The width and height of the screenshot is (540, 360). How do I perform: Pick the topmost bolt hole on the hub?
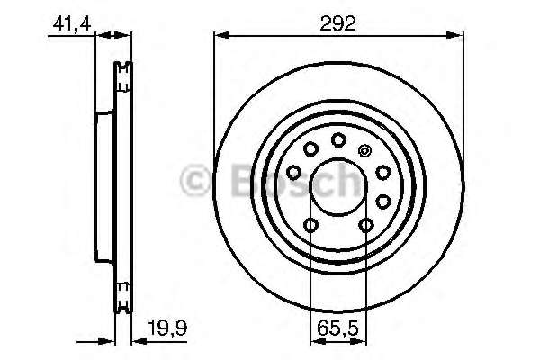tap(338, 139)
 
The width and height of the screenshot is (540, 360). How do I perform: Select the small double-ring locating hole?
tap(364, 150)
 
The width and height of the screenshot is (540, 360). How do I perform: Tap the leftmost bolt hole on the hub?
tap(293, 171)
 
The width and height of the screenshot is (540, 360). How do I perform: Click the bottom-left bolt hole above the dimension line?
tap(310, 226)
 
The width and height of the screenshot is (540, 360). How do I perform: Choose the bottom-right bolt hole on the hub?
tap(366, 226)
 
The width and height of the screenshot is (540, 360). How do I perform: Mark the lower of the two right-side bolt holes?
tap(384, 201)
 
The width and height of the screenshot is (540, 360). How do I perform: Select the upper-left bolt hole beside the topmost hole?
tap(310, 149)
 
